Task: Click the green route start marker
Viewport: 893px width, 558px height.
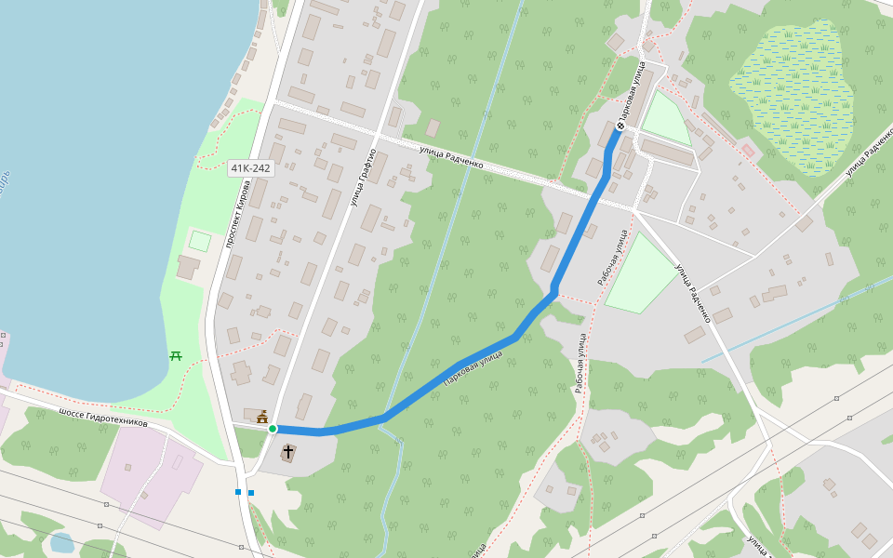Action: point(273,429)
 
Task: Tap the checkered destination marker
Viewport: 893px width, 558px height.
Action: point(620,126)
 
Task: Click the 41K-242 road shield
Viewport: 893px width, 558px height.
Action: point(250,168)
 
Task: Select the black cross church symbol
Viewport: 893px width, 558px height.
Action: point(288,452)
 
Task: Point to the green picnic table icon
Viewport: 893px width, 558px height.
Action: point(176,355)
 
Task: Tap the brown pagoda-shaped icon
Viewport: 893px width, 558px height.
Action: point(262,416)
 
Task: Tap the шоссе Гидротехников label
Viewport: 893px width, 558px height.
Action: point(102,418)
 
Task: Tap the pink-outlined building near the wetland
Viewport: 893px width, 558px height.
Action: point(748,150)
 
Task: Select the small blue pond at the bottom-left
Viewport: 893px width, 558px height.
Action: point(61,543)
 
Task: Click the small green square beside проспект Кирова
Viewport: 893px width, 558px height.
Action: point(200,241)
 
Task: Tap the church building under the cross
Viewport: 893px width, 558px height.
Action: point(288,456)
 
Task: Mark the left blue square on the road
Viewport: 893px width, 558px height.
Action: point(238,492)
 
